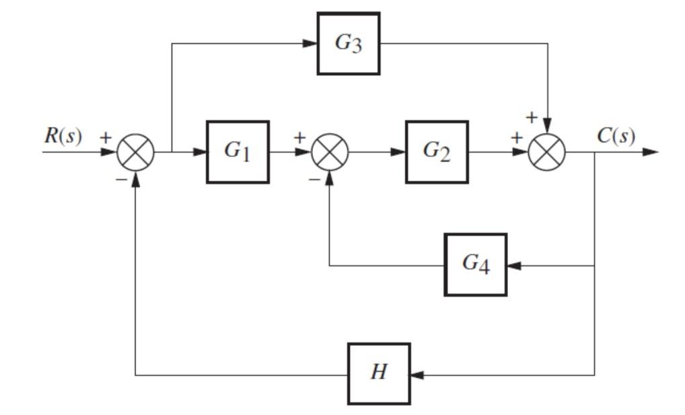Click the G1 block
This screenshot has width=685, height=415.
point(238,151)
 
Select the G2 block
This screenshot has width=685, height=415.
point(436,151)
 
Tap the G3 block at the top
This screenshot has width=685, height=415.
point(349,44)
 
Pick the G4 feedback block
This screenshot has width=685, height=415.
point(475,264)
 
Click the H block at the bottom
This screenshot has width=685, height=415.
point(379,373)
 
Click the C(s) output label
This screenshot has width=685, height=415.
point(616,137)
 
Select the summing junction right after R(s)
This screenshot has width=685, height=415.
point(136,152)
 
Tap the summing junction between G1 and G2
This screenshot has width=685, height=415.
point(330,152)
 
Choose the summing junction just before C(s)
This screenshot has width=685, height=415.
point(547,152)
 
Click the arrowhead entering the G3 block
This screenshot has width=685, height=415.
point(310,44)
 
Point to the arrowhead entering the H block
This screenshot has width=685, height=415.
point(417,374)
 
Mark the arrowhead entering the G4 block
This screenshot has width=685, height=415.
point(513,265)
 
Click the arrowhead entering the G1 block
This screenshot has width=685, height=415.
point(200,152)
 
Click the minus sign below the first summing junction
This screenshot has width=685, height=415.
point(120,180)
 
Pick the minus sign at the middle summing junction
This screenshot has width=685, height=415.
point(314,180)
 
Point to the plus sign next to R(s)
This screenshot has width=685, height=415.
point(106,137)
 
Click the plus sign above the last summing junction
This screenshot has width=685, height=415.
point(532,118)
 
